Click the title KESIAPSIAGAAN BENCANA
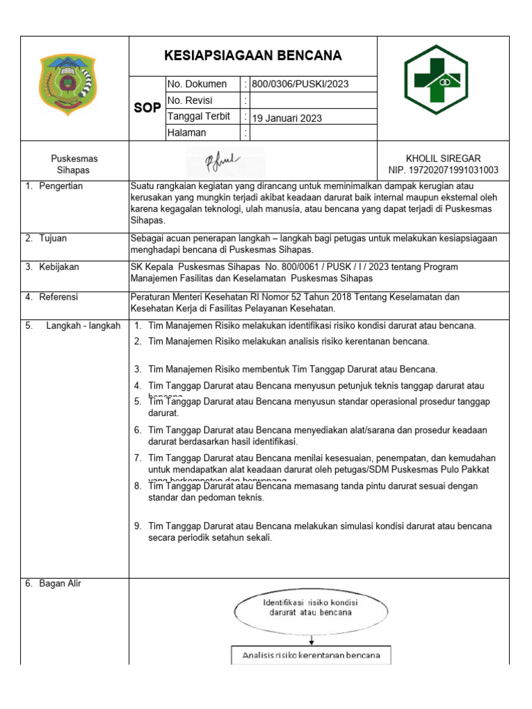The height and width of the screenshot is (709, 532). [x=253, y=56]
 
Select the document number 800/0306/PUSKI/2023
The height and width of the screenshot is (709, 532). [x=300, y=84]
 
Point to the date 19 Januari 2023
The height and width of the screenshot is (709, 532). [x=287, y=118]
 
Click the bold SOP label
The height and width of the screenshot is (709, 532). [x=147, y=109]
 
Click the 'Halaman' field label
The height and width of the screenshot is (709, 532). [x=186, y=133]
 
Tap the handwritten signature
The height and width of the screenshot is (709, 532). [x=222, y=162]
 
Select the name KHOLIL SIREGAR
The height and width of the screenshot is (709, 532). [x=443, y=159]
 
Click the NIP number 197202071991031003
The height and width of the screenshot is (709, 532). [x=443, y=170]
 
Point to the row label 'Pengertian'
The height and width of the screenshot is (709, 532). [x=60, y=186]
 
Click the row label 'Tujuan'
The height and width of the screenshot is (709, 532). [x=54, y=238]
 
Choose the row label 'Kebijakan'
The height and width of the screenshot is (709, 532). [x=59, y=267]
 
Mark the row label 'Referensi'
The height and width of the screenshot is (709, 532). [x=59, y=297]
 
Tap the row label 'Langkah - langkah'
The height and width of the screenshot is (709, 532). [x=83, y=325]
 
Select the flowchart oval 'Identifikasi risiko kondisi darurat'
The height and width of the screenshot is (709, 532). [x=311, y=608]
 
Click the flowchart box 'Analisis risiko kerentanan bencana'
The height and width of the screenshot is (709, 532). [x=311, y=655]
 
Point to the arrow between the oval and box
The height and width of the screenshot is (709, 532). [x=311, y=640]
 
